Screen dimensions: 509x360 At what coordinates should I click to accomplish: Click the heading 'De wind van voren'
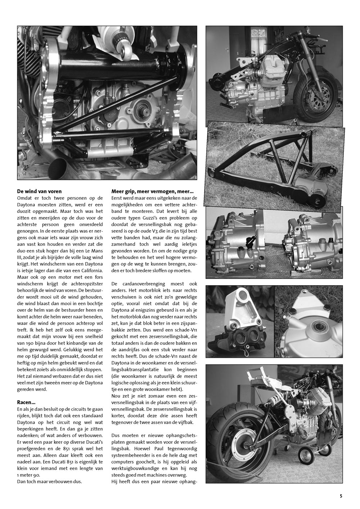point(39,191)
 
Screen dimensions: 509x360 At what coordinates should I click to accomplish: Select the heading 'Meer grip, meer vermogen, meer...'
point(153,191)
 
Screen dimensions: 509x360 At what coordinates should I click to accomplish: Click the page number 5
point(341,496)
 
